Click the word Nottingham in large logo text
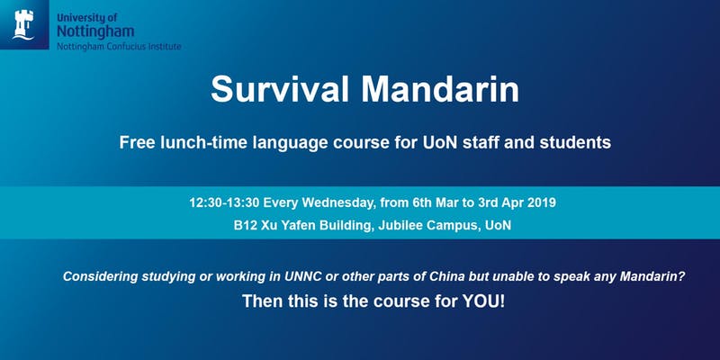click(x=91, y=30)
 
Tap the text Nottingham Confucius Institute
click(x=118, y=45)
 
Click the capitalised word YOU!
click(x=483, y=303)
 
